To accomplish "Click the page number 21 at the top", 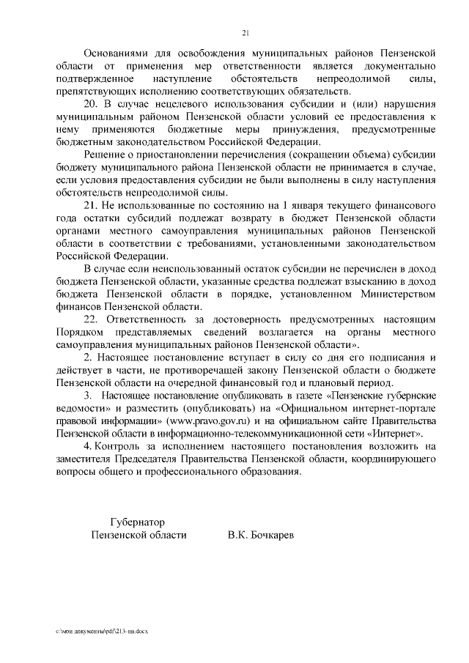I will [x=245, y=32].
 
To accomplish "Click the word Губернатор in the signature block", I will [x=137, y=522].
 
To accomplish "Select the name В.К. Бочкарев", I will [x=261, y=536].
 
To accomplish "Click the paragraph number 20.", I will [x=93, y=104].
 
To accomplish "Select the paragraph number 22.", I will [x=93, y=319].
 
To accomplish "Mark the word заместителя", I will [x=84, y=459].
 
